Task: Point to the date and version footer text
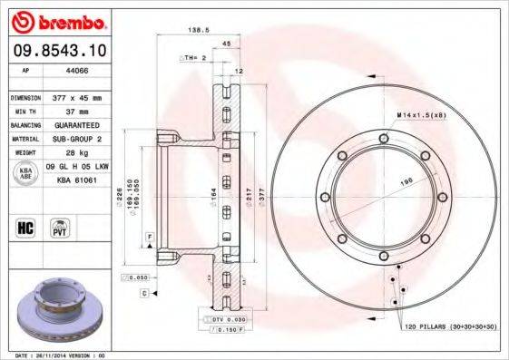pyautogui.click(x=56, y=355)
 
